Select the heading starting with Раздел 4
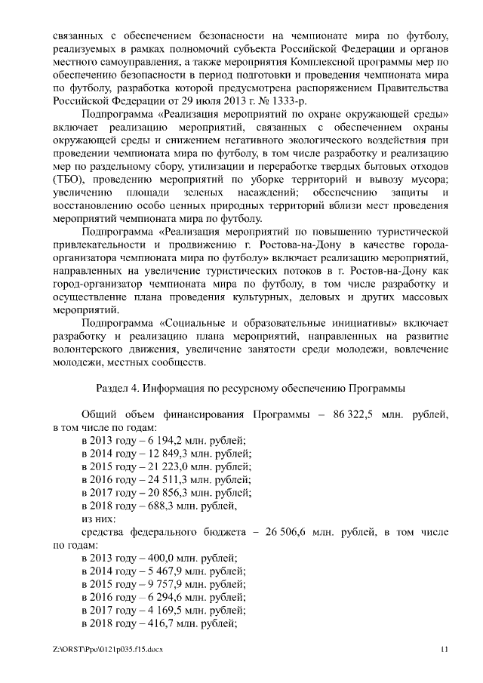pyautogui.click(x=251, y=388)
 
